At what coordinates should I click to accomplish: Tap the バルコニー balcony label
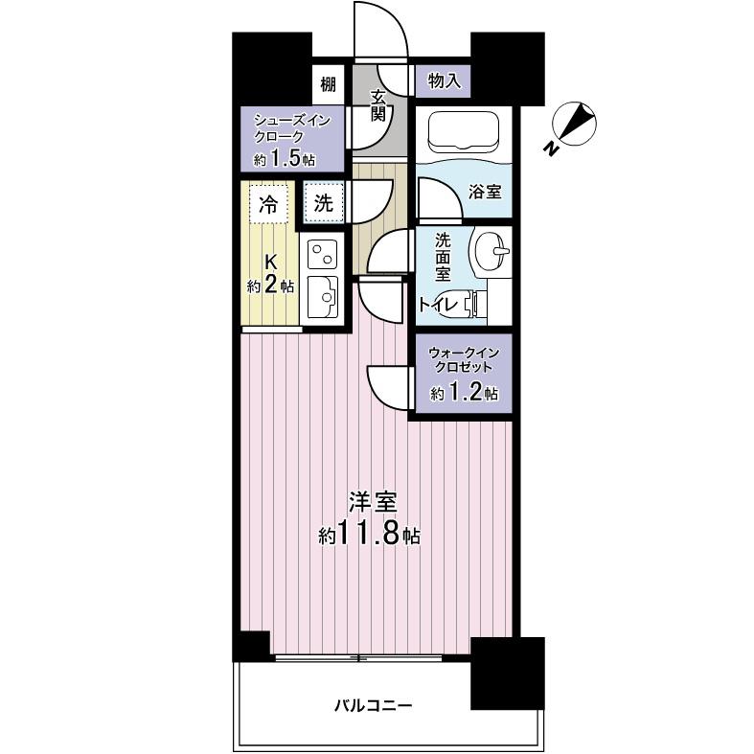(372, 706)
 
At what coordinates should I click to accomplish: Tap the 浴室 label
(484, 192)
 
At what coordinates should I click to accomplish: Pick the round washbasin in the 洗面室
(490, 254)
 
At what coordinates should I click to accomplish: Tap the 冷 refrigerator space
(269, 203)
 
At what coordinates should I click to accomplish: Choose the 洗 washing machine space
(325, 202)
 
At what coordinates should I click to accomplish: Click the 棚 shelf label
(329, 83)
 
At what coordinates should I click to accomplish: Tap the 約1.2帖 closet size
(464, 393)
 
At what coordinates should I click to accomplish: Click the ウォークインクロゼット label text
(461, 358)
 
